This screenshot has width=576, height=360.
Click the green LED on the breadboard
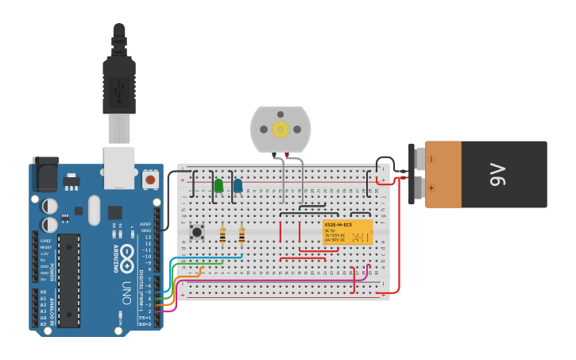click(218, 186)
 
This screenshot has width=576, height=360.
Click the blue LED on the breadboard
click(238, 186)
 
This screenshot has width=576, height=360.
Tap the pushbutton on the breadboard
click(197, 232)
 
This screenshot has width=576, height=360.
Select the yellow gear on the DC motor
click(280, 129)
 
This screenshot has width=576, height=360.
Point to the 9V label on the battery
click(497, 174)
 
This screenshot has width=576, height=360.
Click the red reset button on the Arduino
click(150, 180)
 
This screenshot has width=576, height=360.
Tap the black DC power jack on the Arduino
click(45, 173)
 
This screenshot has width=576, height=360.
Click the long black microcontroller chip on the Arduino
click(68, 281)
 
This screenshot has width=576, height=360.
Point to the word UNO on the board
click(126, 292)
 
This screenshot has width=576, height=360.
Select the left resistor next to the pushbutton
click(222, 235)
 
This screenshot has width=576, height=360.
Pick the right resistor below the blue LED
click(242, 235)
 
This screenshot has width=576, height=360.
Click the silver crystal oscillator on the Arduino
click(95, 211)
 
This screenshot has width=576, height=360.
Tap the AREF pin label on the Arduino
click(145, 224)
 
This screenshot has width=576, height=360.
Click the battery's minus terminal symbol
click(431, 159)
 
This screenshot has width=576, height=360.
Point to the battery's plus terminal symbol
click(431, 188)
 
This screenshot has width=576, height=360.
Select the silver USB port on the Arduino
click(119, 168)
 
